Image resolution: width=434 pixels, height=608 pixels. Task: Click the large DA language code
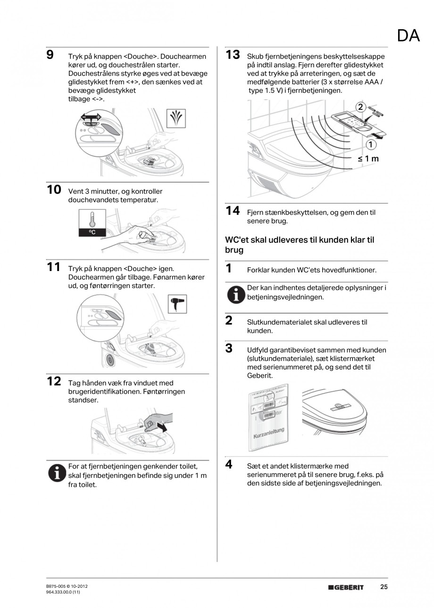point(408,36)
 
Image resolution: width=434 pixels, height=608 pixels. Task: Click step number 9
point(50,55)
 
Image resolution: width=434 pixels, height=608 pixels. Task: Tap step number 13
point(233,55)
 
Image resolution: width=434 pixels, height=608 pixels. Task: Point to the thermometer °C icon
point(92,223)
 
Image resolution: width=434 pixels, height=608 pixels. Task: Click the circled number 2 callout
point(361,107)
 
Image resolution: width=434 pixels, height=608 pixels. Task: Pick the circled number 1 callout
point(372,144)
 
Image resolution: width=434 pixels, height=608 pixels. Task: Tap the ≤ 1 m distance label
point(368,159)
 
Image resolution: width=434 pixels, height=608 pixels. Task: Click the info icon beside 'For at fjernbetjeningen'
point(57,473)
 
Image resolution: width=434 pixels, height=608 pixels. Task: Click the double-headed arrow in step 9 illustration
point(91,117)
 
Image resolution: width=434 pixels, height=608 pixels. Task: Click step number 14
point(233,211)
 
